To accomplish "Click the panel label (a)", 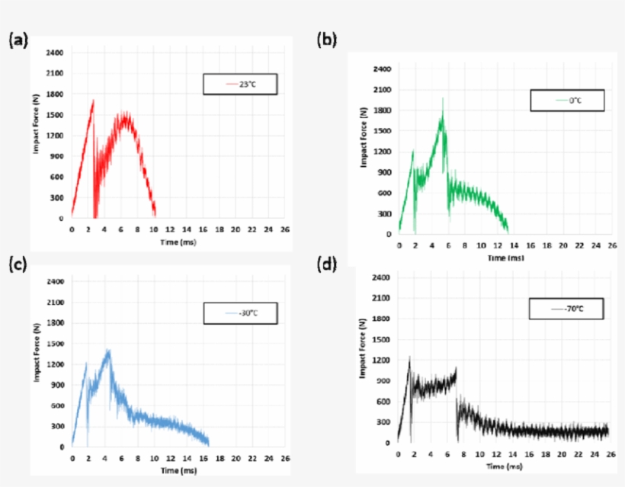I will (18, 40).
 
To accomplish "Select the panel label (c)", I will (18, 265).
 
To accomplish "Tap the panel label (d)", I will (327, 265).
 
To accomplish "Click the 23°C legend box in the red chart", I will (240, 84).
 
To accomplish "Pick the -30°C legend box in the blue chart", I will (240, 312).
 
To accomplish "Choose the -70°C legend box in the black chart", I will (566, 309).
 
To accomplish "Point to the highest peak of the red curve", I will (93, 101).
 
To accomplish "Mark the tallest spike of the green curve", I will (442, 98).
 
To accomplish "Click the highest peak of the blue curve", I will (108, 350).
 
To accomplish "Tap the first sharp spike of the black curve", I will (409, 357).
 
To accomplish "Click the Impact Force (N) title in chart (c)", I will (37, 364).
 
